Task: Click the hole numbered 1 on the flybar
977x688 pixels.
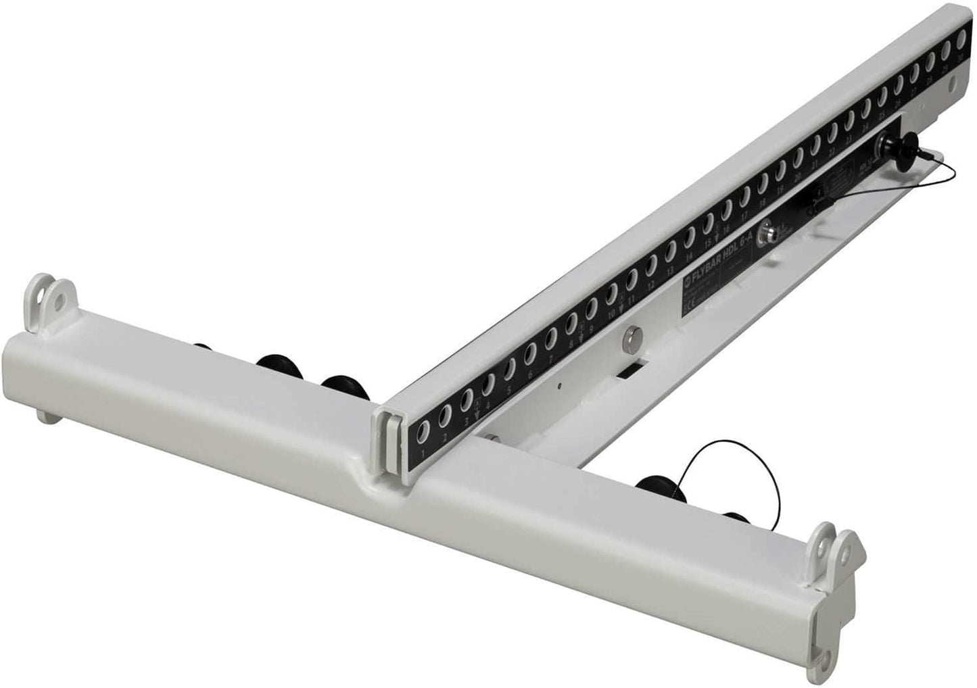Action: pos(424,430)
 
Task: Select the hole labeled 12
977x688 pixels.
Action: pos(651,269)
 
